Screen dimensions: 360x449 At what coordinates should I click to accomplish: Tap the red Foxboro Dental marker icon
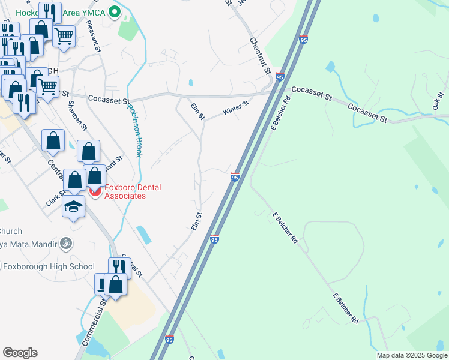pos(95,191)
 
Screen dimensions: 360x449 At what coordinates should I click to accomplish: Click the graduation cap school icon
pos(74,206)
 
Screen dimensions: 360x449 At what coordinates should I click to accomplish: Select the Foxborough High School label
pos(48,266)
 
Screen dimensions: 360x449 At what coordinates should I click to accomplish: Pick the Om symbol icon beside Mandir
pos(67,244)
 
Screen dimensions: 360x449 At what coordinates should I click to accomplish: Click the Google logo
pos(20,353)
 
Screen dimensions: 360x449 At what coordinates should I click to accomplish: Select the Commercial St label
pos(92,328)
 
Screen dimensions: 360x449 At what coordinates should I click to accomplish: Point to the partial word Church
pos(11,231)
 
